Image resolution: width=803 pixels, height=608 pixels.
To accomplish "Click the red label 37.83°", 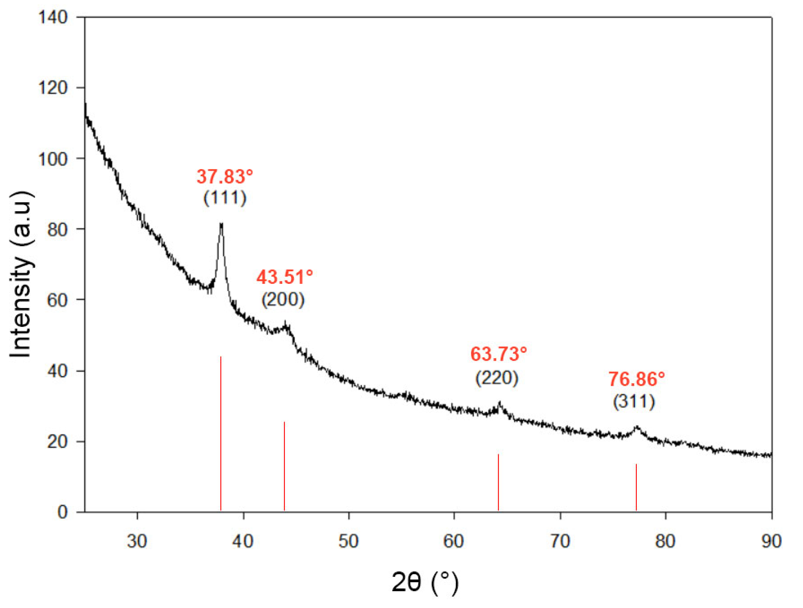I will pyautogui.click(x=225, y=177).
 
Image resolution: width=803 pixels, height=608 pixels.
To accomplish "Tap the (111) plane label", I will pyautogui.click(x=225, y=198).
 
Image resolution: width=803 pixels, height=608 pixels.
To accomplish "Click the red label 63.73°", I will pyautogui.click(x=499, y=354).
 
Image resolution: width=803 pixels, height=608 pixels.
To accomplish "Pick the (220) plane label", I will pyautogui.click(x=497, y=378).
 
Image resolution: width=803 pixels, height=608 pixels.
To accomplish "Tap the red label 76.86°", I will pyautogui.click(x=637, y=379).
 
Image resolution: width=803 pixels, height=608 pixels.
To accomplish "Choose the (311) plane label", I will pyautogui.click(x=634, y=402).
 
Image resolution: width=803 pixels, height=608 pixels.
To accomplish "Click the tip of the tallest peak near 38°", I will pyautogui.click(x=221, y=224).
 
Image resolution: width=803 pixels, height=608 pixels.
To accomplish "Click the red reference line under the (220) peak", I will pyautogui.click(x=499, y=482).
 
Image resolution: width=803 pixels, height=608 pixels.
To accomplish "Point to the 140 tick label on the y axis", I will pyautogui.click(x=53, y=18).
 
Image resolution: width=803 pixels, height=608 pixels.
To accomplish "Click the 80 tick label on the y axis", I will pyautogui.click(x=57, y=229).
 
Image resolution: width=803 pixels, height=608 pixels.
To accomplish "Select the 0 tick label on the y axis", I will pyautogui.click(x=62, y=512).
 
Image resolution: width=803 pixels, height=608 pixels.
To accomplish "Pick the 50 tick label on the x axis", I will pyautogui.click(x=349, y=541).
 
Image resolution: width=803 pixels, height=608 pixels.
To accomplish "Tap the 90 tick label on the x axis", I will pyautogui.click(x=771, y=541).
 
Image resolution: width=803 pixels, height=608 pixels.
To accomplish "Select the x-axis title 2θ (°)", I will pyautogui.click(x=425, y=582).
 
